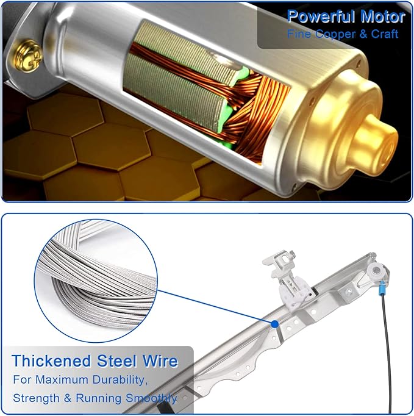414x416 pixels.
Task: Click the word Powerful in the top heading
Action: [x=322, y=17]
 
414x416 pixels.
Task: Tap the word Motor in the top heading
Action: [x=383, y=17]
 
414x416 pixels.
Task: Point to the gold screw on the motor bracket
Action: [x=27, y=57]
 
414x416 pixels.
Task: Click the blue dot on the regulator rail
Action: [x=275, y=324]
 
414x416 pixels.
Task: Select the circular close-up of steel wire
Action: [x=96, y=281]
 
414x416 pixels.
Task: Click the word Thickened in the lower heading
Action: [x=51, y=361]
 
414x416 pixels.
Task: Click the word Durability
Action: [x=120, y=381]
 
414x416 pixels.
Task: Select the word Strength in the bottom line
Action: [x=37, y=398]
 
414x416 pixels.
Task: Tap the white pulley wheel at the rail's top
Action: [x=376, y=271]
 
